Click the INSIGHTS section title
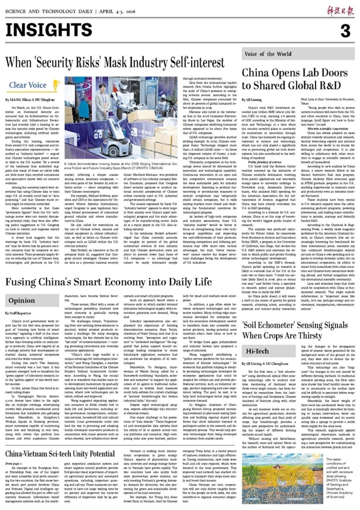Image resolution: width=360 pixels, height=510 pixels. pyautogui.click(x=49, y=30)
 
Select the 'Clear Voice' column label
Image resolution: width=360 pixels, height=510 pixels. pyautogui.click(x=28, y=85)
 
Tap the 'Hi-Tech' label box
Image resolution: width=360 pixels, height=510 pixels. pyautogui.click(x=257, y=351)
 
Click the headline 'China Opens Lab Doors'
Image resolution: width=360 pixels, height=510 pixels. pyautogui.click(x=294, y=73)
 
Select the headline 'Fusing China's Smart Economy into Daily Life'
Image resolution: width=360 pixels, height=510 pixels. pyautogui.click(x=108, y=281)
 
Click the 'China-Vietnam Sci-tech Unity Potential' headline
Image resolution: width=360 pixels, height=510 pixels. pyautogui.click(x=60, y=454)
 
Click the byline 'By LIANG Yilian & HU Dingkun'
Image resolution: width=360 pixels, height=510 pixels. pyautogui.click(x=30, y=100)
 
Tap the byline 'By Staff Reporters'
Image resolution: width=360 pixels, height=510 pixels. pyautogui.click(x=18, y=313)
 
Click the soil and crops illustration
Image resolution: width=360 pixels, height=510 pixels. pyautogui.click(x=282, y=478)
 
